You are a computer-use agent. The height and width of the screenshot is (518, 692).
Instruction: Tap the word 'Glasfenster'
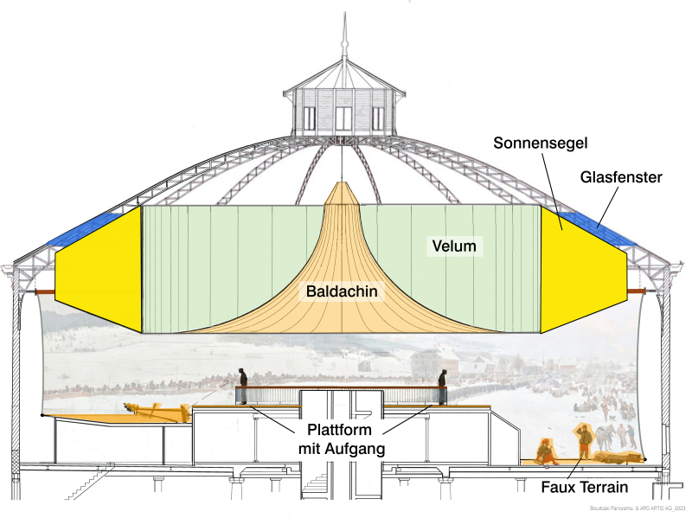click(622, 177)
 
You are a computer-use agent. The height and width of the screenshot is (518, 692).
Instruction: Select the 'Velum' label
click(454, 246)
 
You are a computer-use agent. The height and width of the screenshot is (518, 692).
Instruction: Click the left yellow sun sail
click(99, 268)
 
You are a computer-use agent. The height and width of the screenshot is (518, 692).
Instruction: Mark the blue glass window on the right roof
click(597, 227)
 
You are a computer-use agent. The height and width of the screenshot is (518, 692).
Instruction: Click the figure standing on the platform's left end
click(243, 387)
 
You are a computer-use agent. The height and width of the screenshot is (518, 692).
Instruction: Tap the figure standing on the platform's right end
click(442, 387)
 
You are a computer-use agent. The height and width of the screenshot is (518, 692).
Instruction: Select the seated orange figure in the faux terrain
click(545, 451)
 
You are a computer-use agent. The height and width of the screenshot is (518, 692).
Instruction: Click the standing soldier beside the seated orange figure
click(585, 442)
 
